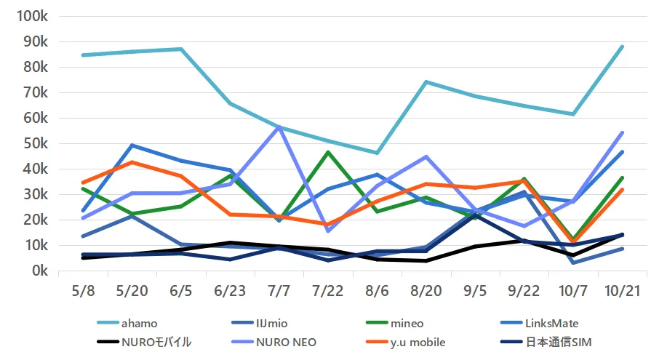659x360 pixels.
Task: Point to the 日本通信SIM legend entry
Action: [562, 343]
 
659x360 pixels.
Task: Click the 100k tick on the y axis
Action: [31, 16]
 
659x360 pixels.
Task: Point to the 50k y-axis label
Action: [34, 143]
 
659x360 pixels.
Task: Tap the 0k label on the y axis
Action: [37, 271]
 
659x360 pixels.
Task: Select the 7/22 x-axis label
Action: [327, 290]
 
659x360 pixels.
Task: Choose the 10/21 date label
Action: [622, 290]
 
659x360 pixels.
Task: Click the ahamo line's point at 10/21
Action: [622, 47]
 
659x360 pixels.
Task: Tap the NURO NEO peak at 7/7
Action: [279, 127]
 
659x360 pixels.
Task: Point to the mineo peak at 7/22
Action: [328, 152]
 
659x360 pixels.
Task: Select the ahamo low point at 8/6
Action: [377, 153]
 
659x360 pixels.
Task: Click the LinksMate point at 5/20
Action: [132, 145]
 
